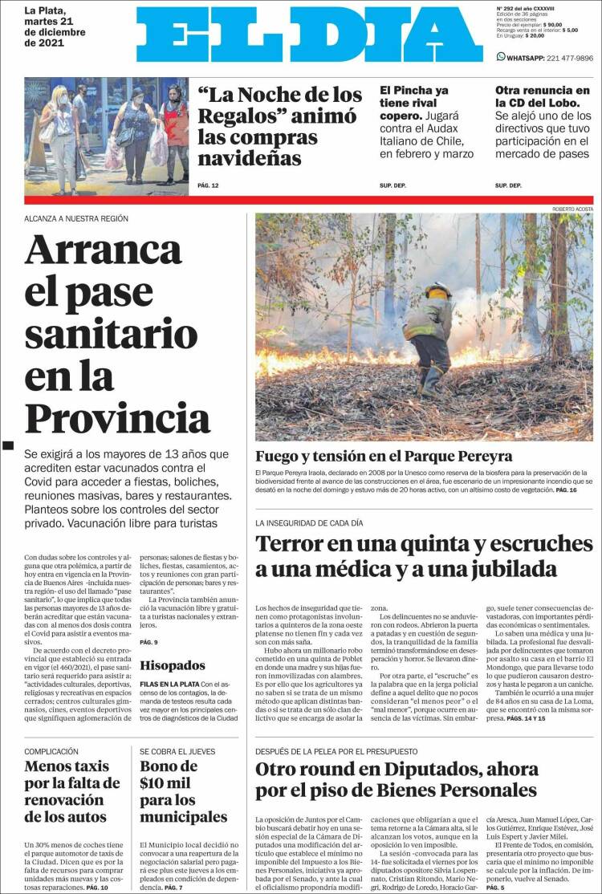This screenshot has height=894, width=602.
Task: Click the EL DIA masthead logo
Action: pos(309,35)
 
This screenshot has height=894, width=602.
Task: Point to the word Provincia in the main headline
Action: pos(117,417)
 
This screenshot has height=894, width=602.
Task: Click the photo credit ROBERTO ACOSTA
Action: pos(572,209)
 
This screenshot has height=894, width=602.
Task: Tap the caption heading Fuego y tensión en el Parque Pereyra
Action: pos(384,456)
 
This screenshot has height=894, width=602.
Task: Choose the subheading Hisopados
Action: pos(172,664)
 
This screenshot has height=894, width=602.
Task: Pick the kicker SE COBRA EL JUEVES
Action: pos(177,751)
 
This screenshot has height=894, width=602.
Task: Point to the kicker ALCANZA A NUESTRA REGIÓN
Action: pos(76,218)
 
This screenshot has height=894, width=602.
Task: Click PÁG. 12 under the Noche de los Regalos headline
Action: pos(208,185)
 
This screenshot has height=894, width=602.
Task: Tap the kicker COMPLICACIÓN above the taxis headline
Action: pos(51,751)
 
